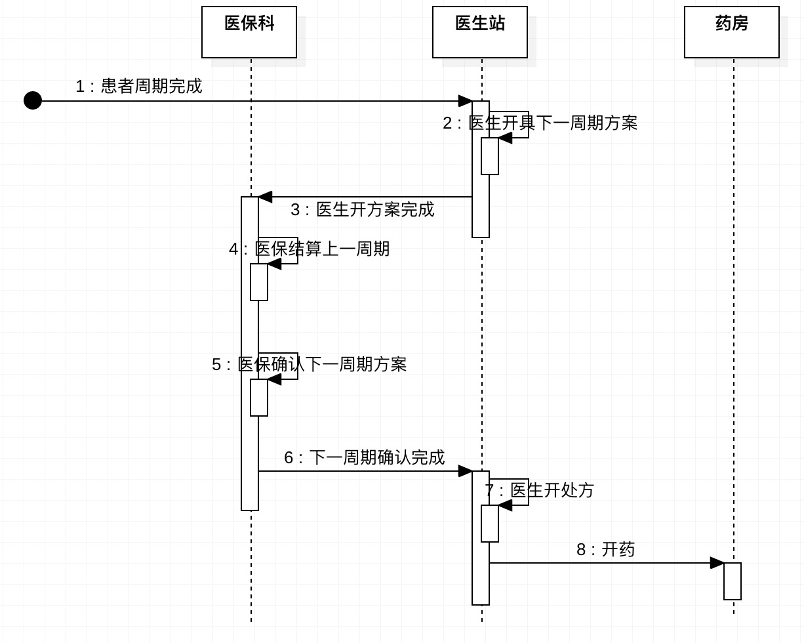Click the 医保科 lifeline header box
pyautogui.click(x=249, y=32)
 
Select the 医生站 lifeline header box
pyautogui.click(x=480, y=32)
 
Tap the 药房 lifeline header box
pyautogui.click(x=732, y=32)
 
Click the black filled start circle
pyautogui.click(x=33, y=100)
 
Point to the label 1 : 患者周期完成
pyautogui.click(x=138, y=87)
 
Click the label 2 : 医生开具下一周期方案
pyautogui.click(x=540, y=123)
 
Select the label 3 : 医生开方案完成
pyautogui.click(x=362, y=210)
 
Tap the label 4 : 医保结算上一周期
pyautogui.click(x=309, y=249)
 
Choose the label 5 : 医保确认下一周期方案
pyautogui.click(x=309, y=365)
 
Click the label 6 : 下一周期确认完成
pyautogui.click(x=364, y=458)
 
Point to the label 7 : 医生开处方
pyautogui.click(x=539, y=491)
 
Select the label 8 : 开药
pyautogui.click(x=605, y=550)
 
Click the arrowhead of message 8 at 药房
pyautogui.click(x=717, y=563)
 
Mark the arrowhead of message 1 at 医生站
pyautogui.click(x=465, y=101)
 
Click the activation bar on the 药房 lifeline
pyautogui.click(x=733, y=581)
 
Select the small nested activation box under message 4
pyautogui.click(x=259, y=282)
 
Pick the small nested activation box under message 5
pyautogui.click(x=259, y=398)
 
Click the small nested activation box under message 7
pyautogui.click(x=490, y=524)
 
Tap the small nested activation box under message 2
pyautogui.click(x=490, y=156)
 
